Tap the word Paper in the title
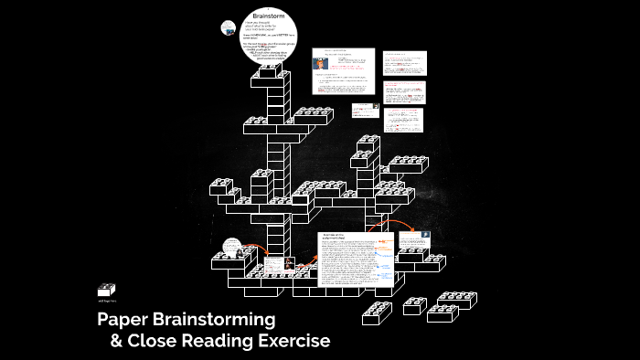pos(128,320)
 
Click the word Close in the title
pos(155,342)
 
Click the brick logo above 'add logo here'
pos(107,290)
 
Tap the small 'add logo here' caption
pos(108,300)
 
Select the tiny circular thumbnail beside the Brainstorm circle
pos(229,27)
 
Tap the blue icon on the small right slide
pos(426,236)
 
